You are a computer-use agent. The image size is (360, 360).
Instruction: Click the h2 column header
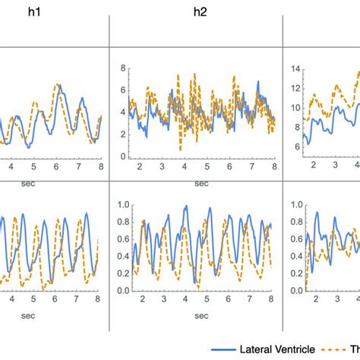click(199, 12)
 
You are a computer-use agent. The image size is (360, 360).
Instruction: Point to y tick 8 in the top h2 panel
click(121, 68)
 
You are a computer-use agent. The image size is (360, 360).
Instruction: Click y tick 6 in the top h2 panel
click(121, 90)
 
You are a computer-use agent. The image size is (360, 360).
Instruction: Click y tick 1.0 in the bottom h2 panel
click(118, 204)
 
